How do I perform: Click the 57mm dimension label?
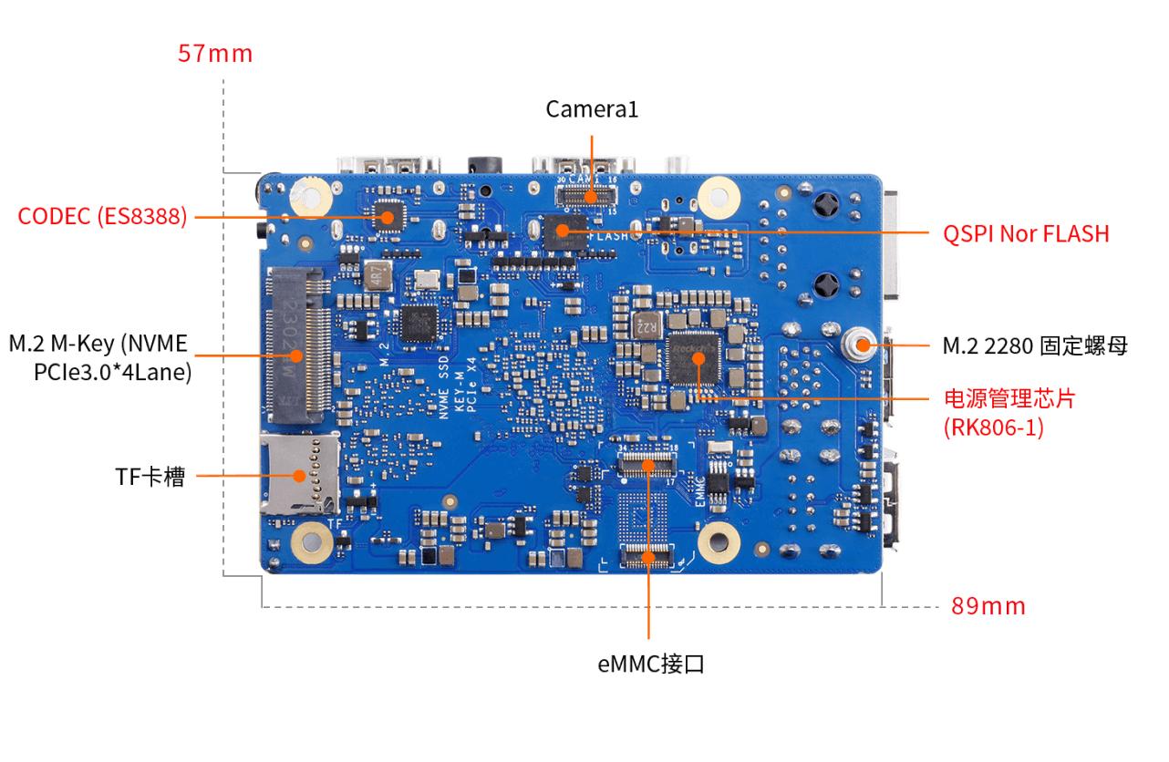click(x=215, y=54)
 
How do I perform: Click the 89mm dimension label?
click(x=988, y=606)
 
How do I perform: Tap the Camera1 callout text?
click(x=592, y=109)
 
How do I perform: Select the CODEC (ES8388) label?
click(x=103, y=217)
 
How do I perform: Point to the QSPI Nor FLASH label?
click(x=1026, y=233)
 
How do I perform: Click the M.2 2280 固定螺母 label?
click(x=1035, y=346)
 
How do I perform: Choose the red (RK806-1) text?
click(x=994, y=427)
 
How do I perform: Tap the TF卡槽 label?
click(x=150, y=476)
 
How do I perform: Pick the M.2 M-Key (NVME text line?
click(x=98, y=344)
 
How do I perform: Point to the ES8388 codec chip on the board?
click(x=387, y=217)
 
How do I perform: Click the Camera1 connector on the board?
click(x=588, y=196)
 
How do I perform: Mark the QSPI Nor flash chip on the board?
click(x=561, y=231)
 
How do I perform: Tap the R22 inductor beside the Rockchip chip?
click(x=647, y=324)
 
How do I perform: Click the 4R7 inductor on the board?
click(x=378, y=274)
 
